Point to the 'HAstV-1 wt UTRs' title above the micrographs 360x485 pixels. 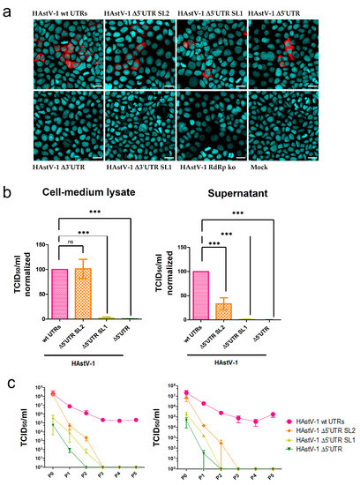coord(62,9)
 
